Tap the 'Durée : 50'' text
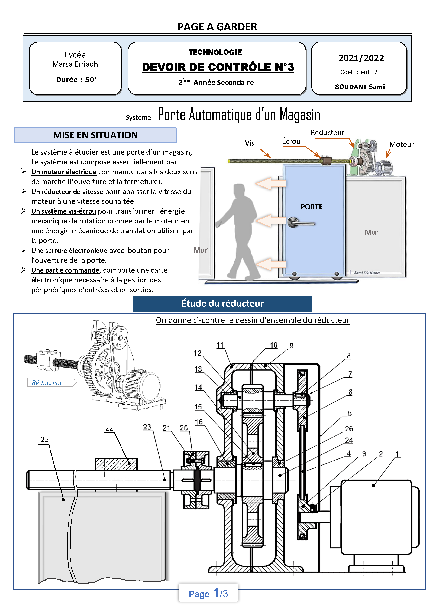76,80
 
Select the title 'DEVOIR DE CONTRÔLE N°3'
218,67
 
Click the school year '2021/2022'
361,58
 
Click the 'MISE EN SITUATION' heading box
95,135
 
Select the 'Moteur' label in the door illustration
401,144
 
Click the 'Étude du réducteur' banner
222,303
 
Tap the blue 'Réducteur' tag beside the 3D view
47,383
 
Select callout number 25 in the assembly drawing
45,439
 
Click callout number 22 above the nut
109,428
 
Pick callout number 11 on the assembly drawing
220,345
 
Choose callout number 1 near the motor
397,454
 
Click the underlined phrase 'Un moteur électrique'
64,172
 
